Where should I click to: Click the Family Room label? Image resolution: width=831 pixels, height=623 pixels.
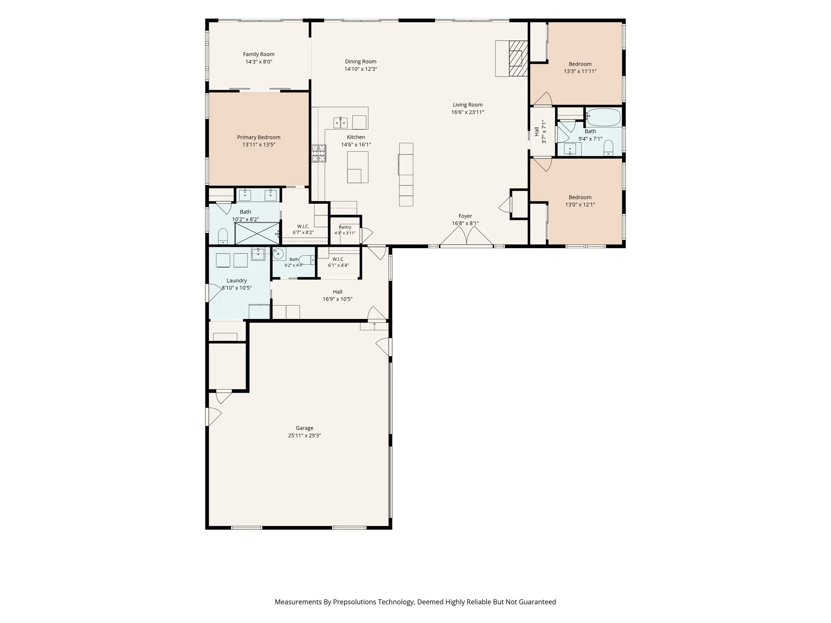tap(259, 54)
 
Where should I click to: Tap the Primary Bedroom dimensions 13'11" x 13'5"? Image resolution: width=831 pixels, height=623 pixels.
tap(259, 145)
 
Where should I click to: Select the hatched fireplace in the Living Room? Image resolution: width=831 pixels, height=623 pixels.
tap(519, 58)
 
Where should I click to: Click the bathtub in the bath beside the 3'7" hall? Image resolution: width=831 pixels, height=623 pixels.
tap(603, 117)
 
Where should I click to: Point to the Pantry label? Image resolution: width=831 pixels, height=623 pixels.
tap(345, 227)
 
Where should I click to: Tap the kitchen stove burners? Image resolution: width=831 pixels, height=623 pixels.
tap(318, 153)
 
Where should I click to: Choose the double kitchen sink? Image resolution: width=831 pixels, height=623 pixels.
tap(340, 123)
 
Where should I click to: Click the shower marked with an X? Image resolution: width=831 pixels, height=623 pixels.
tap(257, 233)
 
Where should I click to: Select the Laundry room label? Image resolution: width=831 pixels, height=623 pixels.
tap(237, 280)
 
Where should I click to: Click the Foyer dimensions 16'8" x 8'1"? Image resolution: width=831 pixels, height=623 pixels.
tap(465, 223)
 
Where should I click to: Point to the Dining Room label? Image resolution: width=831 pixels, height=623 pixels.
tap(361, 61)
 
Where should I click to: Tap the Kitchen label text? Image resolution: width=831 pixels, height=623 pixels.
tap(356, 137)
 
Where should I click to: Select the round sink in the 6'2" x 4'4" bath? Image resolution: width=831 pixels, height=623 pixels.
tap(278, 254)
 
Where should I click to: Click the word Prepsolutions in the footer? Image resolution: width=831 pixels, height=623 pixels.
tap(355, 602)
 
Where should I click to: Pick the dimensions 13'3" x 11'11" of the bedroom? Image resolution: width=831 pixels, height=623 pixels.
tap(580, 71)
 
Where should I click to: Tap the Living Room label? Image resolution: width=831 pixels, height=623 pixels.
tap(467, 105)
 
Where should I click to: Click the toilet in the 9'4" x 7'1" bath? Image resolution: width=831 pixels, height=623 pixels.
tap(608, 148)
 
